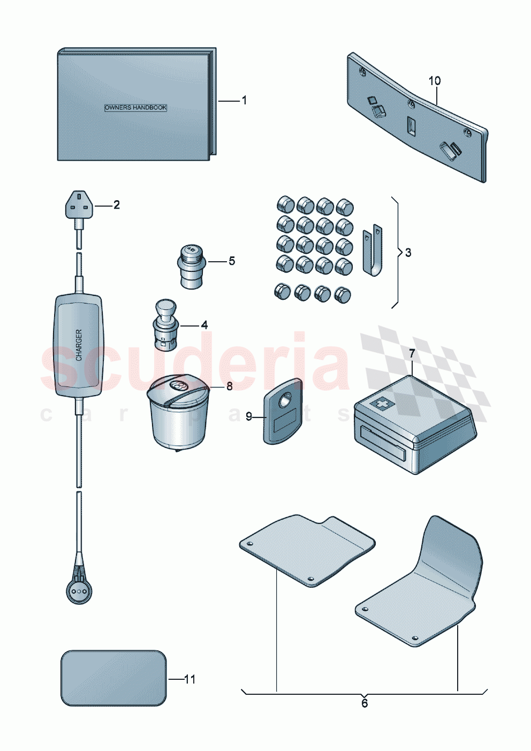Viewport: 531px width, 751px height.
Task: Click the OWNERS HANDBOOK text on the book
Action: tap(135, 108)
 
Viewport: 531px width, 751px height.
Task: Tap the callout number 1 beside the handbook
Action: tap(245, 100)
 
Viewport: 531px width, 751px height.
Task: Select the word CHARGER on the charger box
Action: tap(79, 345)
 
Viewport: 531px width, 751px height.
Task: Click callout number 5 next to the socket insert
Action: tap(232, 261)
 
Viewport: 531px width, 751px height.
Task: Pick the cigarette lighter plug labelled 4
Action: tap(165, 325)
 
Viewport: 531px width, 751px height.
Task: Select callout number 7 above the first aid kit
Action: tap(412, 353)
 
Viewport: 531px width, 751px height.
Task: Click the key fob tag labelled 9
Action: tap(283, 411)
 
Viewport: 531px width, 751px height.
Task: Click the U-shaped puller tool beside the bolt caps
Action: tap(373, 251)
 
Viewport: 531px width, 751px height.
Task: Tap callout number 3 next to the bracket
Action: tap(408, 253)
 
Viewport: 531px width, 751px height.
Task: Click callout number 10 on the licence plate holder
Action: tap(435, 81)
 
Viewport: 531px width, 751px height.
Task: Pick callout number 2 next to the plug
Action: tap(116, 204)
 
